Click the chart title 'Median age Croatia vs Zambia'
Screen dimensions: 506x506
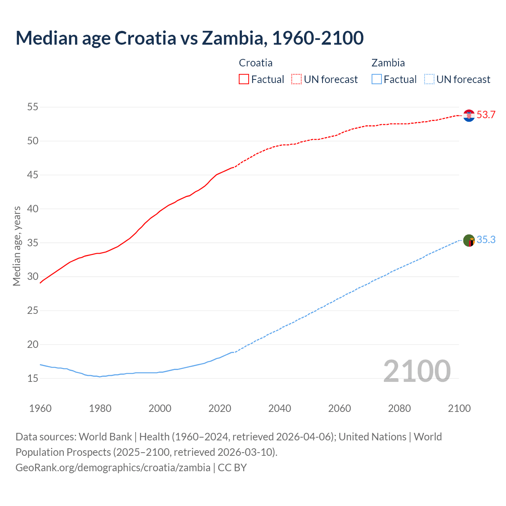[189, 38]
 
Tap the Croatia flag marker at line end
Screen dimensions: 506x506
[469, 115]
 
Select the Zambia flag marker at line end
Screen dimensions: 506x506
[469, 240]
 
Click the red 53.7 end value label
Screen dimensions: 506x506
[486, 115]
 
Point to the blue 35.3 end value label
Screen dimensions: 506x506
[486, 240]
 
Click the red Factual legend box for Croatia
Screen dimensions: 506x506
[244, 79]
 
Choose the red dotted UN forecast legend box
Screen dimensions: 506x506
[296, 79]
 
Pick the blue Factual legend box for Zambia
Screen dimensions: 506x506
[377, 79]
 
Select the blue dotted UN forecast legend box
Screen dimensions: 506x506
[429, 79]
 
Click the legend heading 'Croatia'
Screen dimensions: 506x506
[256, 63]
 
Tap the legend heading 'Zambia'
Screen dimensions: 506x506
[388, 63]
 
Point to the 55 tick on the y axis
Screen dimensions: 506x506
[33, 107]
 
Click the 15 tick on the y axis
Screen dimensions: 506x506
[33, 378]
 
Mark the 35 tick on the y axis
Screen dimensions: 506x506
[33, 243]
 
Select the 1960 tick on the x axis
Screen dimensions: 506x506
[40, 408]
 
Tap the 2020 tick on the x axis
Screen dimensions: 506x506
[220, 408]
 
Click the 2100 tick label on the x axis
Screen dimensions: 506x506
[459, 408]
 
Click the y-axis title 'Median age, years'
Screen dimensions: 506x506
[17, 246]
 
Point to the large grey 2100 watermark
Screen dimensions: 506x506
[417, 371]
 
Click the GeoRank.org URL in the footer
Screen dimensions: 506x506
[113, 468]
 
